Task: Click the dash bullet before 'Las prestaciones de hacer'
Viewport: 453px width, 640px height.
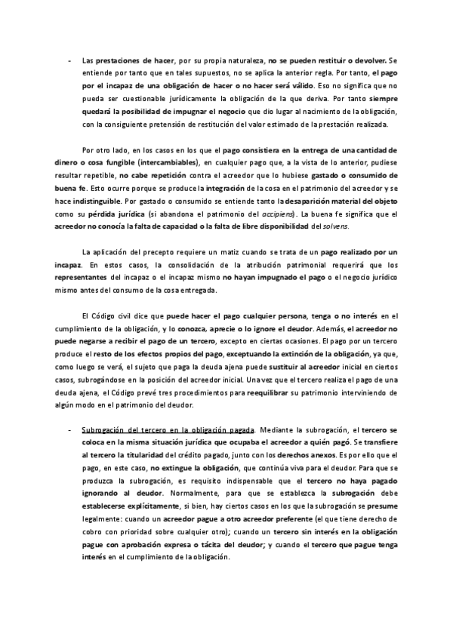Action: [69, 60]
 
